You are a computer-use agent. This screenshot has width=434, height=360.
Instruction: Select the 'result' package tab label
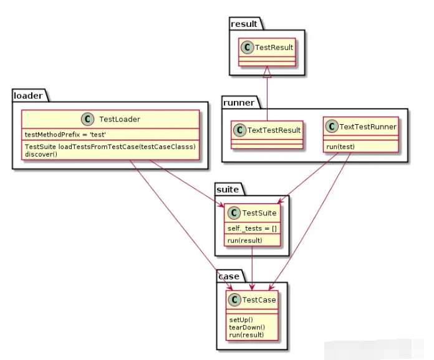point(244,23)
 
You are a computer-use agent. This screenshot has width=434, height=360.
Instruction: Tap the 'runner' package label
point(239,102)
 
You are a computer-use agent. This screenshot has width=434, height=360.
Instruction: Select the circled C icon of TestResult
point(248,47)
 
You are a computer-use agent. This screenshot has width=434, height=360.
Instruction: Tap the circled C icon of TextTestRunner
point(330,127)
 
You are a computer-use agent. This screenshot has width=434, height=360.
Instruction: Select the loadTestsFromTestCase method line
point(110,147)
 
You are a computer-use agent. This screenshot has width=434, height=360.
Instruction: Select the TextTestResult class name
point(274,130)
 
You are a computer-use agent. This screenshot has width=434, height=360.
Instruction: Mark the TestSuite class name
point(259,213)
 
